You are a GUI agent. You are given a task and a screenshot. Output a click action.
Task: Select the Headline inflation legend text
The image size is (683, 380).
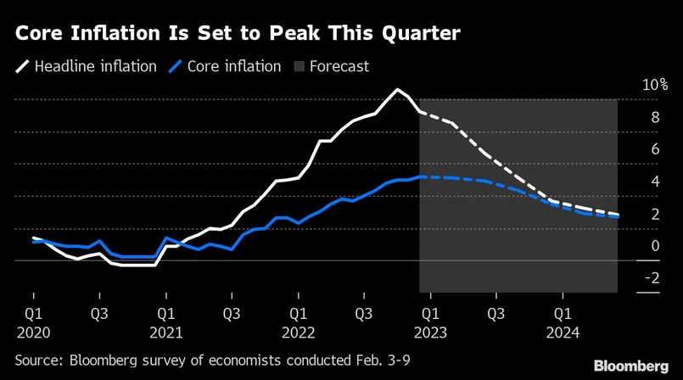pyautogui.click(x=95, y=65)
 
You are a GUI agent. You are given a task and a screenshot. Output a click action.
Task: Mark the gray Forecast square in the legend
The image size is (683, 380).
pyautogui.click(x=298, y=65)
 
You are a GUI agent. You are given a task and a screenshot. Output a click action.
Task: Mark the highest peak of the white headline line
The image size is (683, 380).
pyautogui.click(x=396, y=89)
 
